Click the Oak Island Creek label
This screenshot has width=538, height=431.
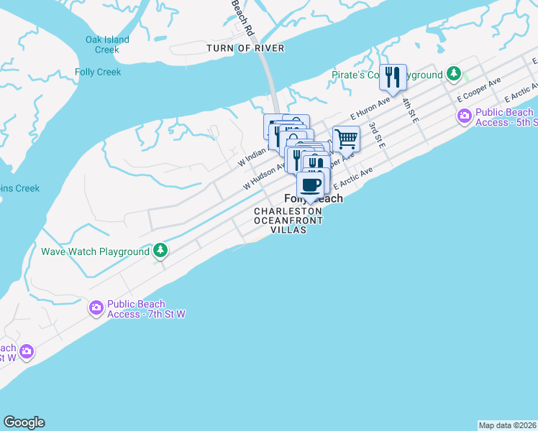point(107,45)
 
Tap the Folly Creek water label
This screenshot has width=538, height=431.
point(98,72)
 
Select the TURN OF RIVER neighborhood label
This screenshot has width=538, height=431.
point(245,48)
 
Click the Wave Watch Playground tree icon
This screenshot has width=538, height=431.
point(161,251)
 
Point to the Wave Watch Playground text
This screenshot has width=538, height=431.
point(95,251)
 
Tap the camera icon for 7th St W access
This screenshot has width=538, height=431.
point(96,308)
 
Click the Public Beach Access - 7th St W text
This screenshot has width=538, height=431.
point(146,309)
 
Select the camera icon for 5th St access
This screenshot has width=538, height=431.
point(465,116)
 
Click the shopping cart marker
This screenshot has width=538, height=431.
point(347,138)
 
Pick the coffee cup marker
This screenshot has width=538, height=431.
point(311,185)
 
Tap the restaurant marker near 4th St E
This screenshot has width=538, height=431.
point(393,76)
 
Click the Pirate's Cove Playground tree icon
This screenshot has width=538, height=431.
point(454,74)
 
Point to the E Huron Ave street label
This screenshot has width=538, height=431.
point(370,107)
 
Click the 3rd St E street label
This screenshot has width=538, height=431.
point(377,135)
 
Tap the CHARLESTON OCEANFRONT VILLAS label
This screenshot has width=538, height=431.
point(288,220)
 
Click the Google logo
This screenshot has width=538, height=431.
point(24,422)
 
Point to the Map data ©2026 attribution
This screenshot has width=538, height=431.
point(507,425)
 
